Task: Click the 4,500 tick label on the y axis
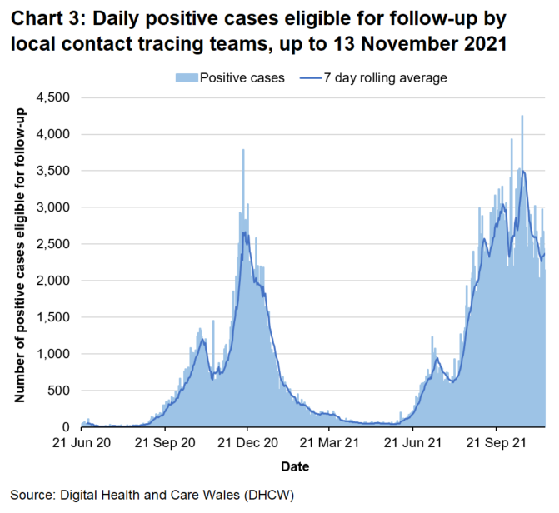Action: click(53, 97)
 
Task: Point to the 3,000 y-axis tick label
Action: click(53, 207)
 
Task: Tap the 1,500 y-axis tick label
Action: click(53, 317)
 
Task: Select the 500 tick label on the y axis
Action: click(60, 391)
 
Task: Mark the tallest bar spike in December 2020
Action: click(243, 152)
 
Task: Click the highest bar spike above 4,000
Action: click(522, 117)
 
